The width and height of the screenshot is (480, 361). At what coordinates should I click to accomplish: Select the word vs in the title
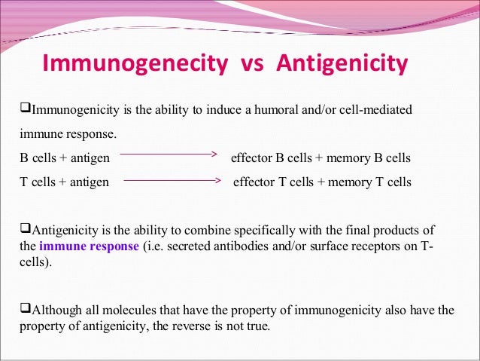pyautogui.click(x=251, y=66)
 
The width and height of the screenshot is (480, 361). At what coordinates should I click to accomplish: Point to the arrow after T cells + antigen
pyautogui.click(x=171, y=181)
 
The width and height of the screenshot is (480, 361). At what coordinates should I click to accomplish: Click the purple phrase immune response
pyautogui.click(x=89, y=246)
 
